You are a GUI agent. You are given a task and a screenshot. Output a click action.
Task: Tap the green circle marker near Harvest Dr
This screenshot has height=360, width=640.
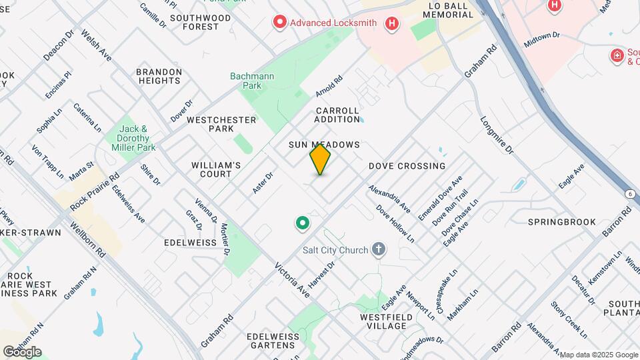tap(302, 223)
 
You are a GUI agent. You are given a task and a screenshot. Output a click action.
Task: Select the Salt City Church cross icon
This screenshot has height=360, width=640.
tap(379, 250)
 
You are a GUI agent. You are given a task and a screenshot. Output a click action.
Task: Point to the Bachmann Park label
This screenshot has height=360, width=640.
tap(252, 81)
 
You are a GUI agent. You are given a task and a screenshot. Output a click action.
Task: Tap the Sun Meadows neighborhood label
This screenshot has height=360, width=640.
tap(324, 145)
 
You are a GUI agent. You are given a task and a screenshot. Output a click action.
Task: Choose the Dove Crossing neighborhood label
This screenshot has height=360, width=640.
tap(407, 166)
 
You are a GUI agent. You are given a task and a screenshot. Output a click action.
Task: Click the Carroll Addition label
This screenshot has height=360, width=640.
tap(337, 115)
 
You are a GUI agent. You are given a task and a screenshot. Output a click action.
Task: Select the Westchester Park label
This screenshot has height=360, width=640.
tap(221, 124)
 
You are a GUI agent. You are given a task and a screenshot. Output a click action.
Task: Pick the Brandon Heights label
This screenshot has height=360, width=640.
tap(159, 76)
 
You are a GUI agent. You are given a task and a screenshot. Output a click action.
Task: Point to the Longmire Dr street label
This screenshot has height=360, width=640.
tap(497, 136)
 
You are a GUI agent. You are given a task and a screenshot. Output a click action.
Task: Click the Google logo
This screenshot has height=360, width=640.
tap(22, 352)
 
